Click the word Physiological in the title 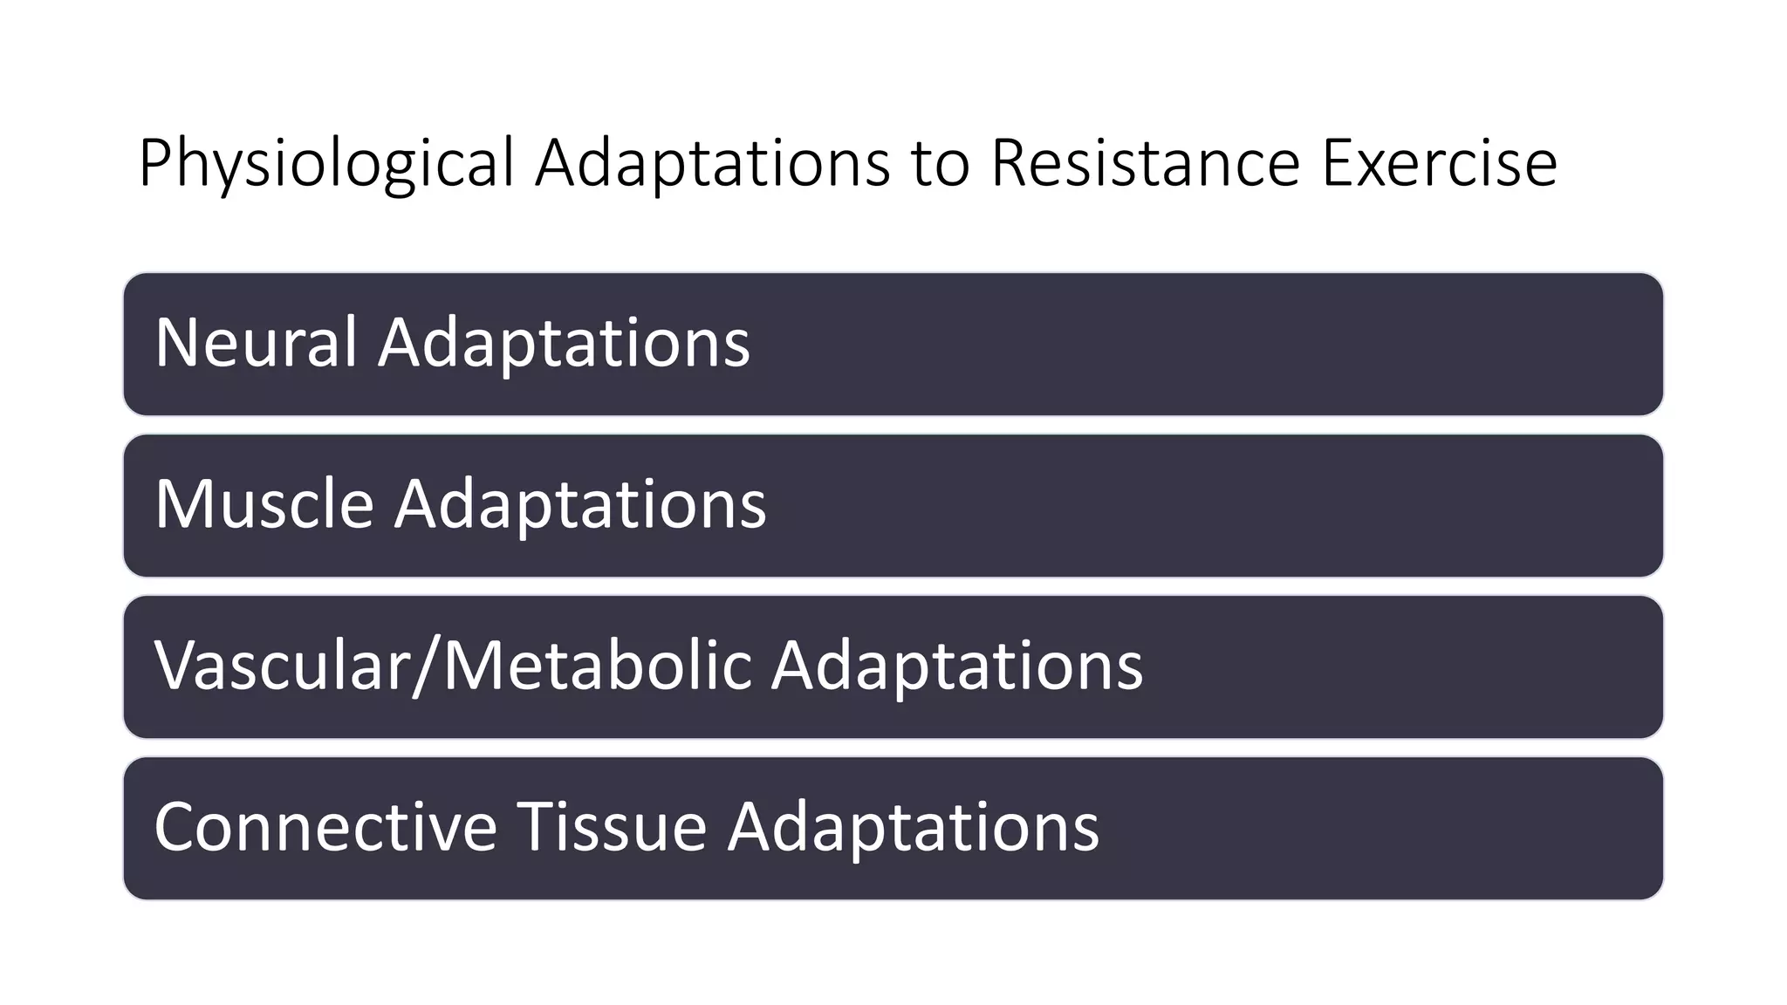click(326, 164)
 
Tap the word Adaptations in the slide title click(712, 164)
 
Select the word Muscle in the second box click(264, 503)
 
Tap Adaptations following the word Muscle click(580, 505)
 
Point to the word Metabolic click(597, 666)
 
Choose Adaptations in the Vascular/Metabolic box click(956, 667)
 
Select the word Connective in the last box click(325, 827)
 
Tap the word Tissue click(612, 827)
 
